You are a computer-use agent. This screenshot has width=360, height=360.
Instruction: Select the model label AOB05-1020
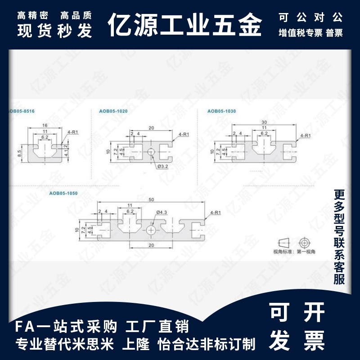coord(111,111)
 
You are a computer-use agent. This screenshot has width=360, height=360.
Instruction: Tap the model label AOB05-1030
coord(221,111)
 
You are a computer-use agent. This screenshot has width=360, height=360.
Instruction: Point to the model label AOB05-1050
coord(63,193)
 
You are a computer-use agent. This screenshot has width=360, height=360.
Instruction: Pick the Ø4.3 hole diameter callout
coord(161,211)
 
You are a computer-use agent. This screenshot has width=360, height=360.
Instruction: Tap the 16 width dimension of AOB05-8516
coord(45,126)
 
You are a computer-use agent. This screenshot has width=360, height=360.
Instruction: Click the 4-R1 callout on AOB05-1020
coord(184,134)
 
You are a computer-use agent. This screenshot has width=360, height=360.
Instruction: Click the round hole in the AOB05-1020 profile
coord(151,152)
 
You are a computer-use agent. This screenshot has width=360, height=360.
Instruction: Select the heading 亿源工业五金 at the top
coord(185,26)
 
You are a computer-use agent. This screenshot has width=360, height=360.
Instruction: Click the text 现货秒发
coord(54,31)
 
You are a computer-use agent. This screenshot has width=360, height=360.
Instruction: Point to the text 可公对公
coord(310,18)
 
